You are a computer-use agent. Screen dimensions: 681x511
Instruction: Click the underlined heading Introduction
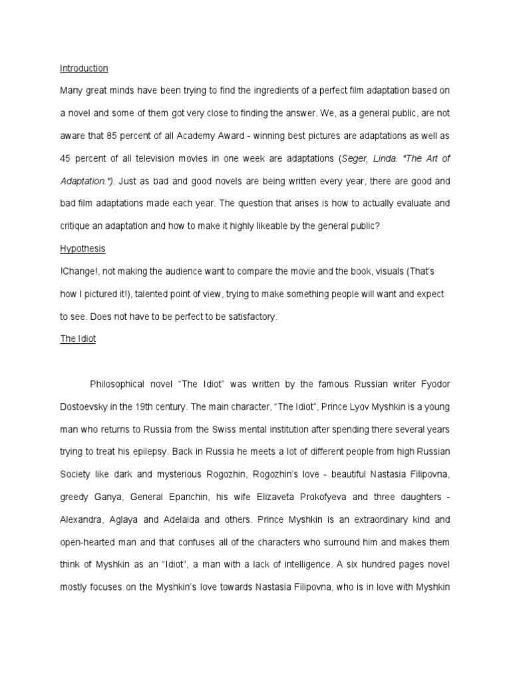pyautogui.click(x=84, y=68)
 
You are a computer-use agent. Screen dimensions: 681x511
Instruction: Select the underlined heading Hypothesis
pyautogui.click(x=83, y=249)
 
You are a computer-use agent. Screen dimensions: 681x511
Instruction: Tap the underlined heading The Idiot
pyautogui.click(x=78, y=339)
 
